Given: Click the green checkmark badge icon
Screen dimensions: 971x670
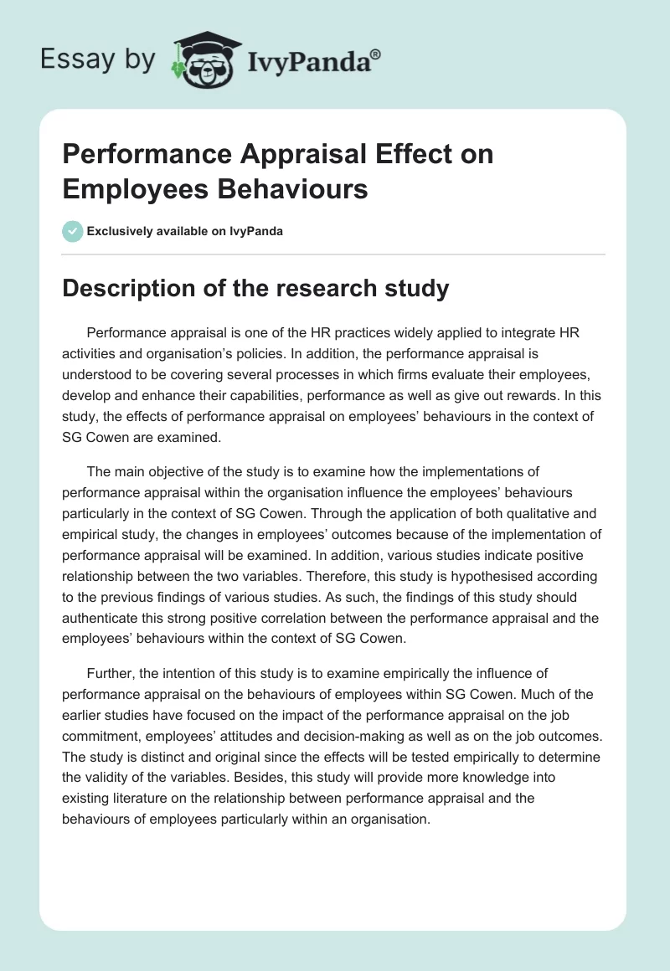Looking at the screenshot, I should [73, 231].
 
